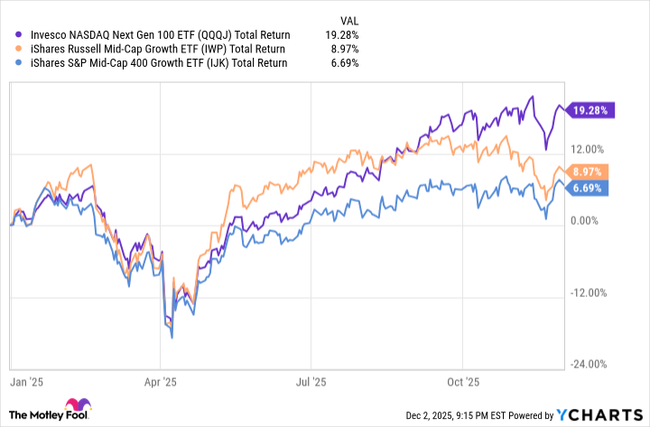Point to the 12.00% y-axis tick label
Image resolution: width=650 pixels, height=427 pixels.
(x=591, y=149)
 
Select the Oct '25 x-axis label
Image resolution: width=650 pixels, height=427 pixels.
(x=467, y=382)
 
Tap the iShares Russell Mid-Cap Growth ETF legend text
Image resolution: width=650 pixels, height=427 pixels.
(x=151, y=49)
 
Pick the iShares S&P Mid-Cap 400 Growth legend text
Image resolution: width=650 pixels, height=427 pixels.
(x=152, y=63)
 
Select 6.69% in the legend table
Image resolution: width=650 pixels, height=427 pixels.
(x=343, y=63)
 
